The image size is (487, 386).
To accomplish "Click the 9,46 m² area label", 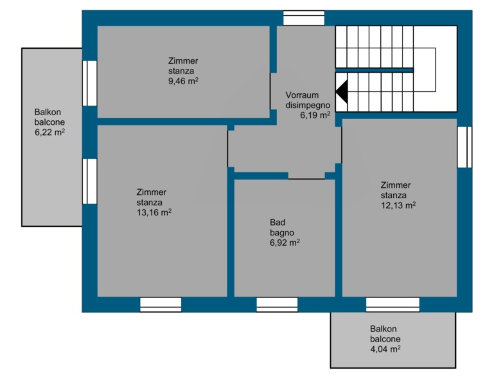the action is coord(183,81).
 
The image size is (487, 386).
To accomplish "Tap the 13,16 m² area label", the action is coord(154,212).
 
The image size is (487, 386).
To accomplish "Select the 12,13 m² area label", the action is coord(398,205).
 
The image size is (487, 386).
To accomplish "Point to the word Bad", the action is coord(278,223).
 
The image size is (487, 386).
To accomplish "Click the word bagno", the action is coord(281,233).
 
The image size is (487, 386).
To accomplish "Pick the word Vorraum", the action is coord(302,95).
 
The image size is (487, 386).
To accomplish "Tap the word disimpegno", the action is coord(308,105).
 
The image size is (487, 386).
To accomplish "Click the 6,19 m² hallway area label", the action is coord(315,115).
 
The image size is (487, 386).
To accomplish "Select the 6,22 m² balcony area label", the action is coord(49,132).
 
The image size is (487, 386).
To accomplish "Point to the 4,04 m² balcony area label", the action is coord(385,349).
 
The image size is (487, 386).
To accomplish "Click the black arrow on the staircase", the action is coord(342,91).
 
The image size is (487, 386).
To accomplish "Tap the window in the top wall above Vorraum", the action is coord(304,18).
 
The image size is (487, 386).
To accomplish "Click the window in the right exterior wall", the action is coord(465,147).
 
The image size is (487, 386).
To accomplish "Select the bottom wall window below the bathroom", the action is coord(277,305).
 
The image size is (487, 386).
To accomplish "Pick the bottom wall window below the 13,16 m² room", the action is coord(161,305).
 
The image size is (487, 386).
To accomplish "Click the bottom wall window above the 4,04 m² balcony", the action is coord(393,305).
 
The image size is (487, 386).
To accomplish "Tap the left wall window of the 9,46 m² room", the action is coord(90,83).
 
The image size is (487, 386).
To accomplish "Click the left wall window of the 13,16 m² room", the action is coord(90,181).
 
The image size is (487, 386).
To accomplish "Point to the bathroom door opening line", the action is coord(306,179).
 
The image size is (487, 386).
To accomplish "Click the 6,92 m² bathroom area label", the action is coord(285,243).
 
